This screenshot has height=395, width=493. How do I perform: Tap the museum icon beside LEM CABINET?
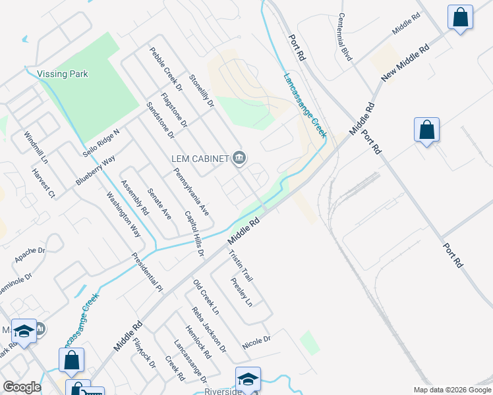(239, 157)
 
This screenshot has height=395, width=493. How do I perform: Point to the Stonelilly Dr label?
(202, 91)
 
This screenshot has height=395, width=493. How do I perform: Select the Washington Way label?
(124, 214)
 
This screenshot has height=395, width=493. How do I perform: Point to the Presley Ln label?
(241, 292)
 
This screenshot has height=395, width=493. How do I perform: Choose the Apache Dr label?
(30, 254)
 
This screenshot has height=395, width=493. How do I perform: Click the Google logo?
(22, 387)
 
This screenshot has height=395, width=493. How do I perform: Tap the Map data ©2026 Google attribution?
(452, 390)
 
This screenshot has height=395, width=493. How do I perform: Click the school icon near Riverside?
(248, 379)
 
